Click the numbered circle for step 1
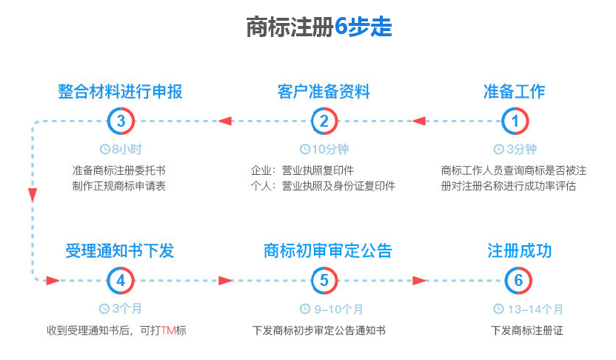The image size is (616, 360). point(515,121)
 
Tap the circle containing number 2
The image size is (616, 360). point(324,121)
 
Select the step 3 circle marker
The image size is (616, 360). point(121,121)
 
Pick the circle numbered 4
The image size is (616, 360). point(121,281)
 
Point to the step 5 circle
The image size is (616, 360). point(324,281)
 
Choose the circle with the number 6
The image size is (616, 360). point(518,281)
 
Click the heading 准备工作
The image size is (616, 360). point(515,92)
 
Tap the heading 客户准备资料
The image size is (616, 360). point(324,92)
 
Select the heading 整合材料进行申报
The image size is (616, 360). point(120,92)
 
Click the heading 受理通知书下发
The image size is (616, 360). point(120,251)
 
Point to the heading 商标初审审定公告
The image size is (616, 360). point(328,251)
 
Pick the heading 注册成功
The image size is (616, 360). point(519,251)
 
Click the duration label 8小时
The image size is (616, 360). point(127,150)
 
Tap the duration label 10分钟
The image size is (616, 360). point(330,150)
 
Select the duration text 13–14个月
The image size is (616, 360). point(535,310)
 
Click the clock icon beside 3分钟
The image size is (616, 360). point(498,150)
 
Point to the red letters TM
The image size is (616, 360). point(168,330)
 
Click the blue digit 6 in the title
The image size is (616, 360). point(341,27)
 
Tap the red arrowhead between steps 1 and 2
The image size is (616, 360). point(419,121)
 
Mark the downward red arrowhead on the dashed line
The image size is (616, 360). point(33,195)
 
